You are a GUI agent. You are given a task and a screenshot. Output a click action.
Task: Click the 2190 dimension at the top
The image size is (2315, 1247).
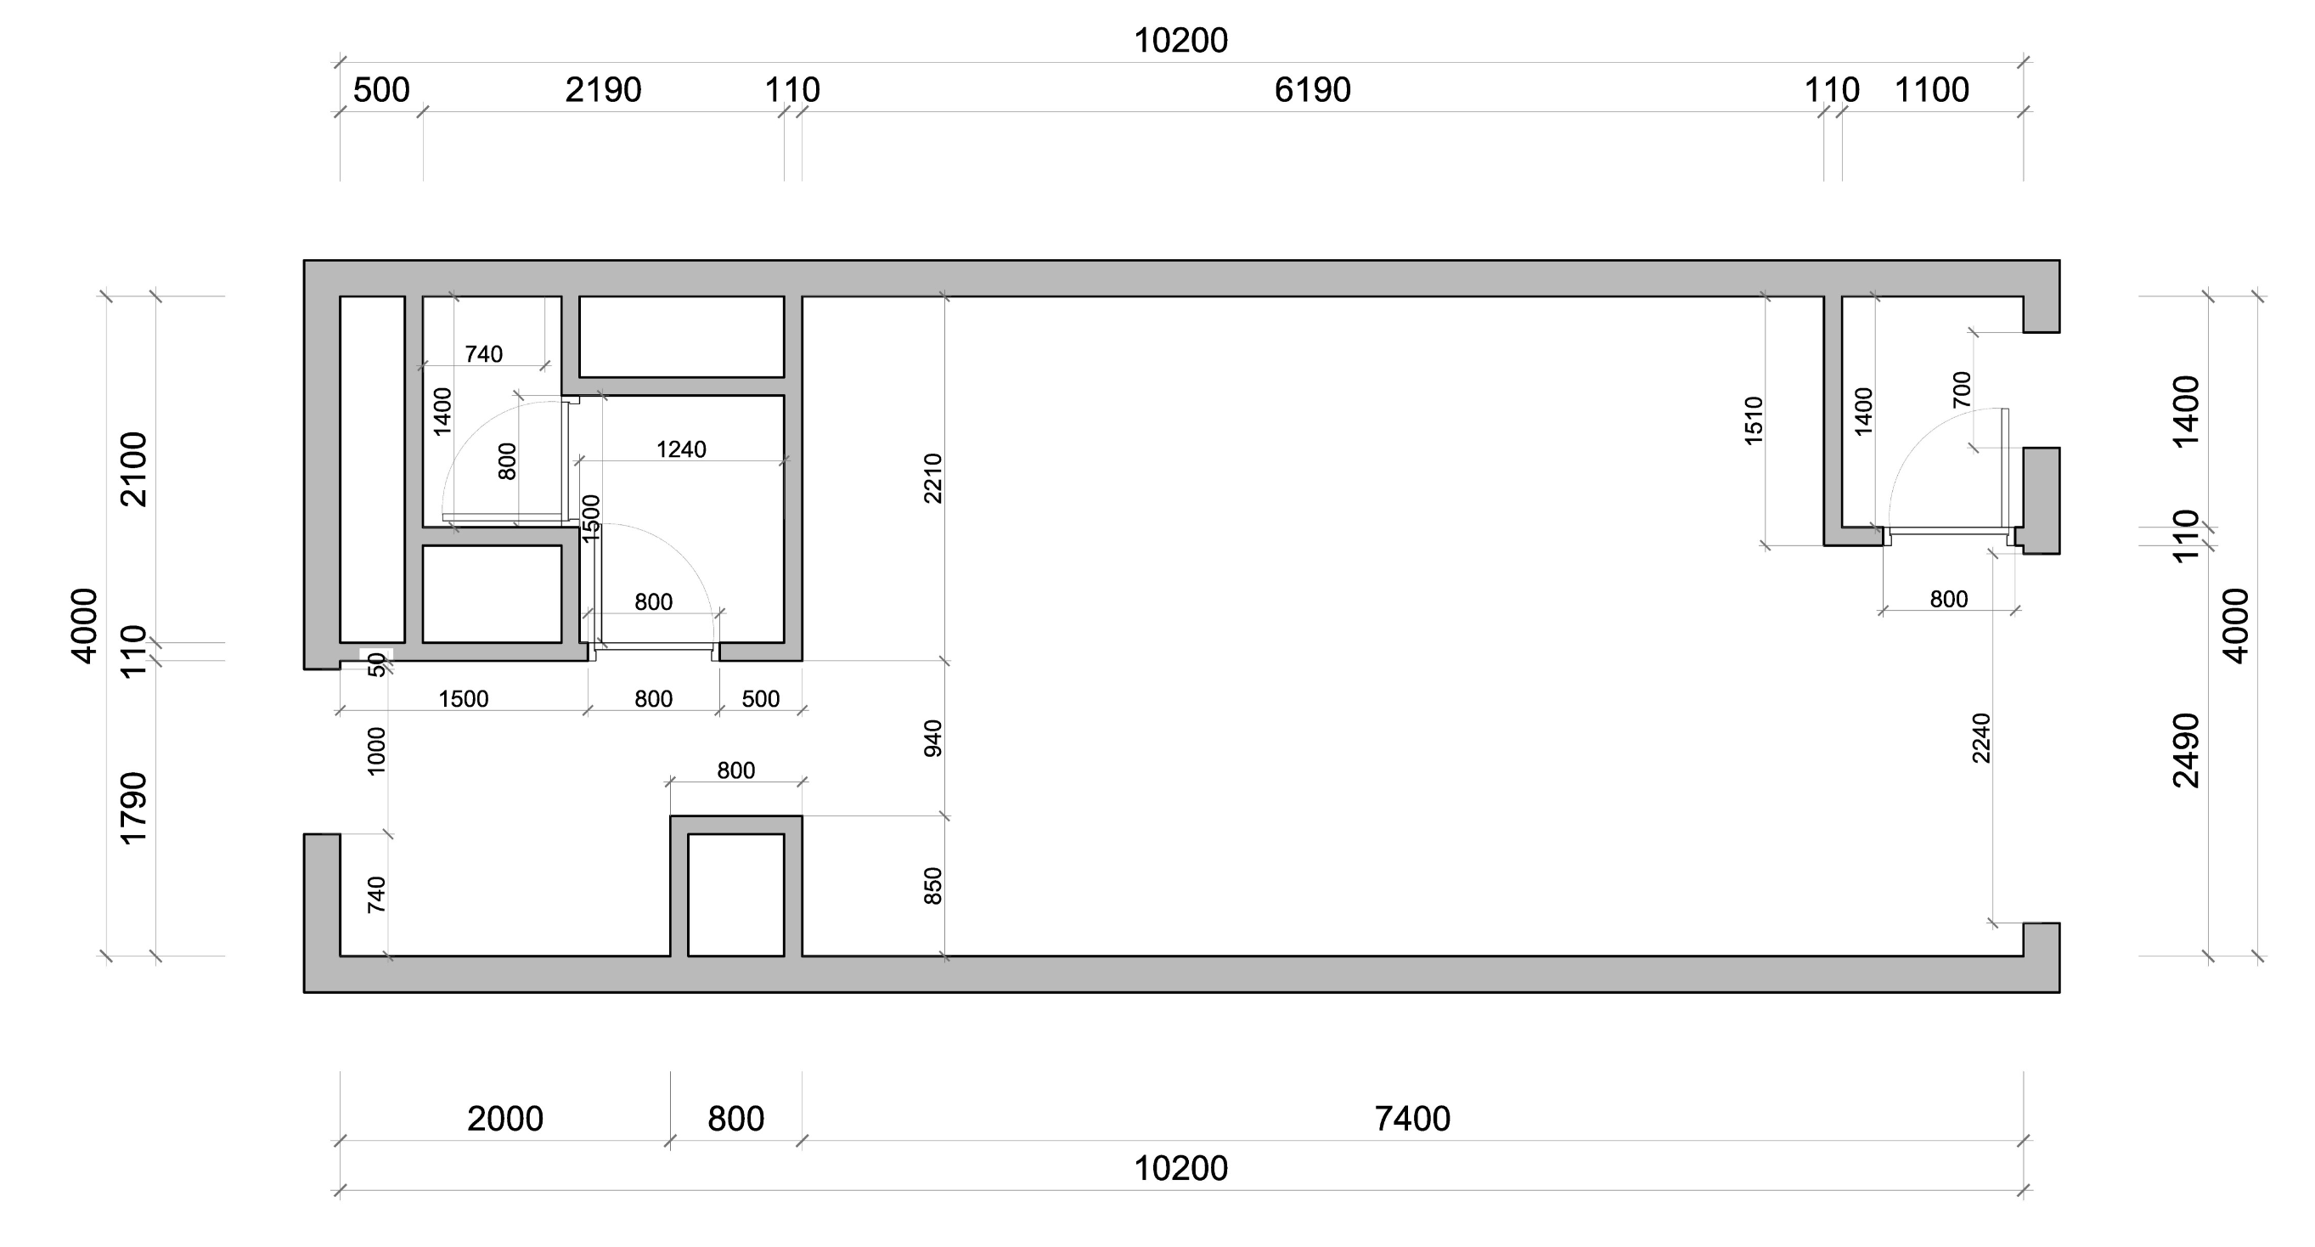tap(603, 90)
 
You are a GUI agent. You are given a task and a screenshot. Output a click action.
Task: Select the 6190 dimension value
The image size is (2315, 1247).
tap(1312, 90)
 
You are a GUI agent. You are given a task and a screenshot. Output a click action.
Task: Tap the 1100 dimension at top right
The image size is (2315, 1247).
tap(1931, 90)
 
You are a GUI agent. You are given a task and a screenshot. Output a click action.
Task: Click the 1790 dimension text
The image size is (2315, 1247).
tap(133, 809)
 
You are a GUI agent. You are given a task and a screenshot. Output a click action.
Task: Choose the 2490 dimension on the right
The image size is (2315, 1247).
tap(2186, 750)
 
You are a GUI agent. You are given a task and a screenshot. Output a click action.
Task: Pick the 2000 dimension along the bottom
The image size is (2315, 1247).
tap(505, 1119)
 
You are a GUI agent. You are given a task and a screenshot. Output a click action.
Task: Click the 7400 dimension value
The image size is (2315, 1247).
tap(1411, 1119)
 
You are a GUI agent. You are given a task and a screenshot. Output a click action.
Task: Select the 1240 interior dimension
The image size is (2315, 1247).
tap(681, 449)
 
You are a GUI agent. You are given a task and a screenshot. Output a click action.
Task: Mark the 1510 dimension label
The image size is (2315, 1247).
tap(1755, 420)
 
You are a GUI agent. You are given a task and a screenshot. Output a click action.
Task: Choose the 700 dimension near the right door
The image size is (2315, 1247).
tap(1962, 389)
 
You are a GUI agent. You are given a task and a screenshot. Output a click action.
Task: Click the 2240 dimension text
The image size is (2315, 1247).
tap(1981, 738)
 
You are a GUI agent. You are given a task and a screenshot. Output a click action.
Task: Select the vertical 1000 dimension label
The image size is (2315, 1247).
tap(376, 751)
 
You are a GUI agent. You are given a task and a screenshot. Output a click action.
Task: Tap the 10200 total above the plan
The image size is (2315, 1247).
tap(1180, 41)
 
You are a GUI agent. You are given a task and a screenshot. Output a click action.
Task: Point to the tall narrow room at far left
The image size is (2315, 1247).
tap(372, 469)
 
